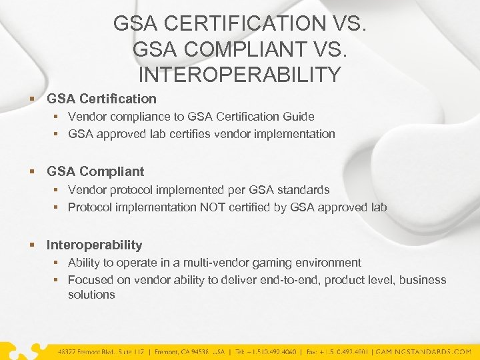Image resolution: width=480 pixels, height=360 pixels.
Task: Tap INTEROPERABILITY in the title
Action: point(239,75)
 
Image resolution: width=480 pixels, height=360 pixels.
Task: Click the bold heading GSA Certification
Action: point(101,99)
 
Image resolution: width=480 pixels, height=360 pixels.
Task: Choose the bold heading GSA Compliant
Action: point(95,172)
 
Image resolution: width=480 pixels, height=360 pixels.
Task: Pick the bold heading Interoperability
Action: point(94,245)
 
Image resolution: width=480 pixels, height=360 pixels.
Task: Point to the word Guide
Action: point(299,117)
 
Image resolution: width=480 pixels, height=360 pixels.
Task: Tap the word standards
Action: point(305,190)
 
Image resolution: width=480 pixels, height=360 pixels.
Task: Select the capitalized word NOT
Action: point(213,207)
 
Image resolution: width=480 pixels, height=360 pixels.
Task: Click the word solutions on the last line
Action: point(91,295)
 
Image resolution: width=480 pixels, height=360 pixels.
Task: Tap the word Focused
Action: point(91,280)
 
